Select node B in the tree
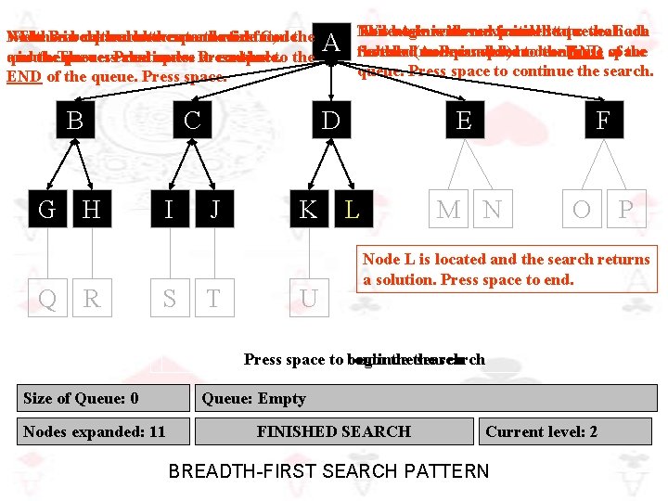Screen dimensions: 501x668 pyautogui.click(x=74, y=121)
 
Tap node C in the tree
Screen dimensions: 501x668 pyautogui.click(x=192, y=121)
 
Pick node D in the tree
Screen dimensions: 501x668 pyautogui.click(x=329, y=121)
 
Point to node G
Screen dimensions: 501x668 pyautogui.click(x=46, y=210)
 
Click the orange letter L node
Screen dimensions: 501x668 pyautogui.click(x=352, y=210)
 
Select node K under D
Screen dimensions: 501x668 pyautogui.click(x=307, y=210)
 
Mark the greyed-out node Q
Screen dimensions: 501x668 pyautogui.click(x=46, y=299)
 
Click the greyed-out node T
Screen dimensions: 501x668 pyautogui.click(x=213, y=299)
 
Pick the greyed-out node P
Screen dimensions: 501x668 pyautogui.click(x=626, y=210)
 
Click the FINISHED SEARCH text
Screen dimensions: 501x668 pyautogui.click(x=333, y=430)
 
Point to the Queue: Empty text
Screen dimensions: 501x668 pyautogui.click(x=253, y=398)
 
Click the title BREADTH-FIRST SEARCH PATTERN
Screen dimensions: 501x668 pyautogui.click(x=328, y=470)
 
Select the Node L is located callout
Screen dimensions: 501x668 pyautogui.click(x=507, y=269)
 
